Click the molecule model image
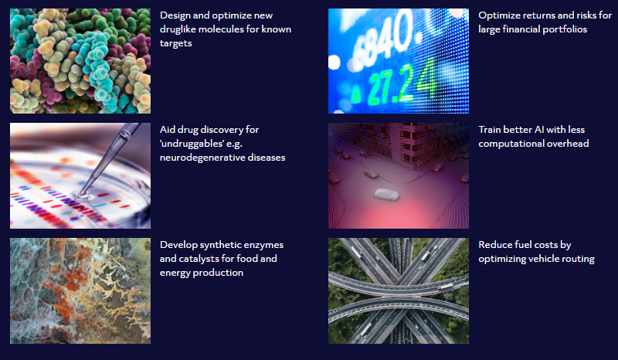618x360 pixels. coord(80,61)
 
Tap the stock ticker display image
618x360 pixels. coord(399,61)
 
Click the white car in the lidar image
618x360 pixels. coord(386,194)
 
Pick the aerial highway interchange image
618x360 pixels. coord(399,290)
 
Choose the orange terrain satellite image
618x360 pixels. coord(80,290)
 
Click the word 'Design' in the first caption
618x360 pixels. coord(175,15)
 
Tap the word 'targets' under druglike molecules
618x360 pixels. coord(176,43)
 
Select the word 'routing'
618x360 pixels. coord(581,259)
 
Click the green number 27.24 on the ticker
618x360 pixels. coord(399,85)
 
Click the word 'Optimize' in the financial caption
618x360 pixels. coord(497,15)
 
